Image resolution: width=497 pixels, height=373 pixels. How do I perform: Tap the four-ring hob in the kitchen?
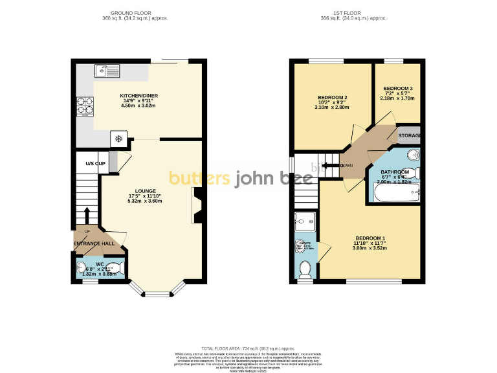click(x=84, y=106)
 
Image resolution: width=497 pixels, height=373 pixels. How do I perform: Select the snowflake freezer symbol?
click(x=119, y=138)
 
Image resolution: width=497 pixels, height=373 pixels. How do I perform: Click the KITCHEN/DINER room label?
click(x=138, y=96)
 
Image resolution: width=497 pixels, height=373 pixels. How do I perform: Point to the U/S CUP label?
click(x=95, y=163)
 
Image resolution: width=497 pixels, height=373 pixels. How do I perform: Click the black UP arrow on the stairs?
click(x=87, y=214)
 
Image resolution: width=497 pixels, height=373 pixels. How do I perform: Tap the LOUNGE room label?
click(x=144, y=191)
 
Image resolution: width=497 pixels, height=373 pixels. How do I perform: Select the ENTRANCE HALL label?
click(x=94, y=244)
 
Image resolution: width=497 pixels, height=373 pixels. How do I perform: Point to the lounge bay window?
click(x=155, y=293)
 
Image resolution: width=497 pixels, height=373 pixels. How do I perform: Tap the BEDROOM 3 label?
click(x=398, y=89)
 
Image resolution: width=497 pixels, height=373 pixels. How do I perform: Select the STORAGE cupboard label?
click(x=410, y=136)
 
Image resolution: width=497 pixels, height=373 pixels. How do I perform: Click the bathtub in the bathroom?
click(x=395, y=192)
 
